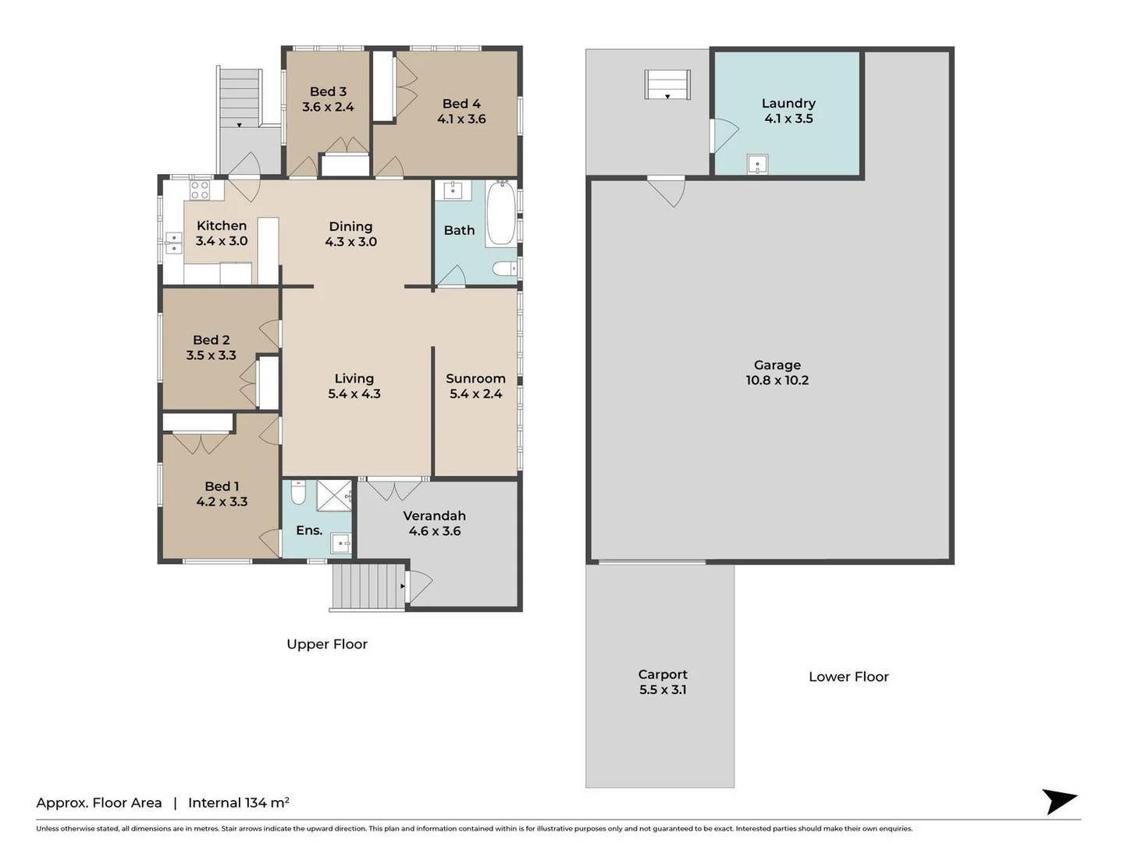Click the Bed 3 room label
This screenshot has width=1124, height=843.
tap(328, 91)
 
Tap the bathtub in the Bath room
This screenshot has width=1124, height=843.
tap(501, 213)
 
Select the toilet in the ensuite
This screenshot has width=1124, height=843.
tap(298, 493)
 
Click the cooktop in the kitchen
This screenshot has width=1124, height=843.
tap(200, 190)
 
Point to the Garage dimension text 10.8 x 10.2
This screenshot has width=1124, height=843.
tap(777, 381)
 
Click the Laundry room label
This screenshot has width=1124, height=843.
tap(788, 103)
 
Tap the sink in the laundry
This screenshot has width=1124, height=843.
tap(757, 165)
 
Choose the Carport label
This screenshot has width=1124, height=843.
tap(663, 674)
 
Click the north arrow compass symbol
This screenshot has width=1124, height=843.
tap(1059, 801)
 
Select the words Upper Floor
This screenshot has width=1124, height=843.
tap(327, 644)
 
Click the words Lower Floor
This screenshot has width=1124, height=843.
tap(848, 677)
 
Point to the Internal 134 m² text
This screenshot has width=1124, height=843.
tap(239, 802)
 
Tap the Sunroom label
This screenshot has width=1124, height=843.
tap(475, 379)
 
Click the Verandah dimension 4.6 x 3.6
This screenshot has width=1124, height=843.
tap(435, 531)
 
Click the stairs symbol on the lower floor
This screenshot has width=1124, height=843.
tap(667, 84)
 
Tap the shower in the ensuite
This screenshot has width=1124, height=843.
tap(334, 495)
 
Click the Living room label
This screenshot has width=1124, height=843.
tap(354, 379)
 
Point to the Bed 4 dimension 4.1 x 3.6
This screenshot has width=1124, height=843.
tap(461, 119)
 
